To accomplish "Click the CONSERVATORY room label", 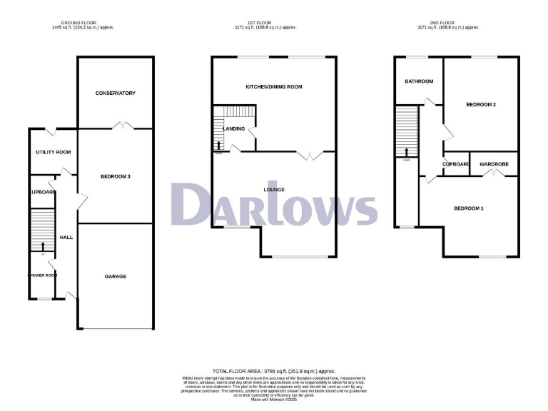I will tap(115, 93).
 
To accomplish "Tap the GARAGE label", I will tap(115, 276).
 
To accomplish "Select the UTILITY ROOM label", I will tap(54, 152).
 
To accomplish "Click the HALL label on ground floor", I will tap(66, 238).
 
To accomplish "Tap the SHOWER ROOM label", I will tap(42, 275).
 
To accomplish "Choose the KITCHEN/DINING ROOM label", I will tap(274, 86).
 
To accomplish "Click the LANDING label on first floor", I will tap(234, 129).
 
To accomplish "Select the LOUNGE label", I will tap(274, 190).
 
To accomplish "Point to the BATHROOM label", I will tap(419, 81).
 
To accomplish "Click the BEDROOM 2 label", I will tap(481, 105).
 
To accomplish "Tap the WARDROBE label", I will tap(494, 164).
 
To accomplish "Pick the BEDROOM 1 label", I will tap(469, 208).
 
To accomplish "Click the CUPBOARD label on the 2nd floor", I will tap(456, 164).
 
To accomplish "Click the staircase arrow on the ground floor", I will tap(42, 246).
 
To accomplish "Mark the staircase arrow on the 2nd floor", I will tap(407, 152).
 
